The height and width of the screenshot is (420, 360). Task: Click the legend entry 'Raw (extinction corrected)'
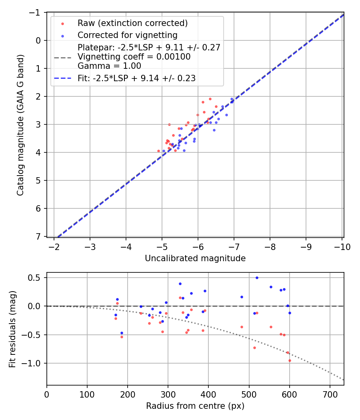point(132,23)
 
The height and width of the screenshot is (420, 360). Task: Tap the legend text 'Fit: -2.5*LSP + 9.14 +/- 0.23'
point(136,78)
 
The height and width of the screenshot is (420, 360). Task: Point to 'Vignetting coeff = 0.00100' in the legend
point(134,57)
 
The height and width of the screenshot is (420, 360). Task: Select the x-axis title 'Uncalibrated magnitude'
point(195,258)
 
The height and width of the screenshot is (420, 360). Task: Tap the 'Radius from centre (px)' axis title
point(195,406)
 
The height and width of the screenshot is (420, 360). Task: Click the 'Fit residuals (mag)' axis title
point(12,328)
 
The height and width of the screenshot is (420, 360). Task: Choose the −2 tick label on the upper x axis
point(54,247)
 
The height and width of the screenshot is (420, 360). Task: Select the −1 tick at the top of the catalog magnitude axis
point(36,12)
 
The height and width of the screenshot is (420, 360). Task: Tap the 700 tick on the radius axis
point(330,394)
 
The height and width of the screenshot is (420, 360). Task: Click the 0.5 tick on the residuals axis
point(37,278)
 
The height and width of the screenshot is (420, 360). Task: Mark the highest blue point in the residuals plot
point(257,278)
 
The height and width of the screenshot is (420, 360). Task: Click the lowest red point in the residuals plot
point(290,360)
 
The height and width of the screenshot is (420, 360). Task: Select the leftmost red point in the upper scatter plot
point(158,151)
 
